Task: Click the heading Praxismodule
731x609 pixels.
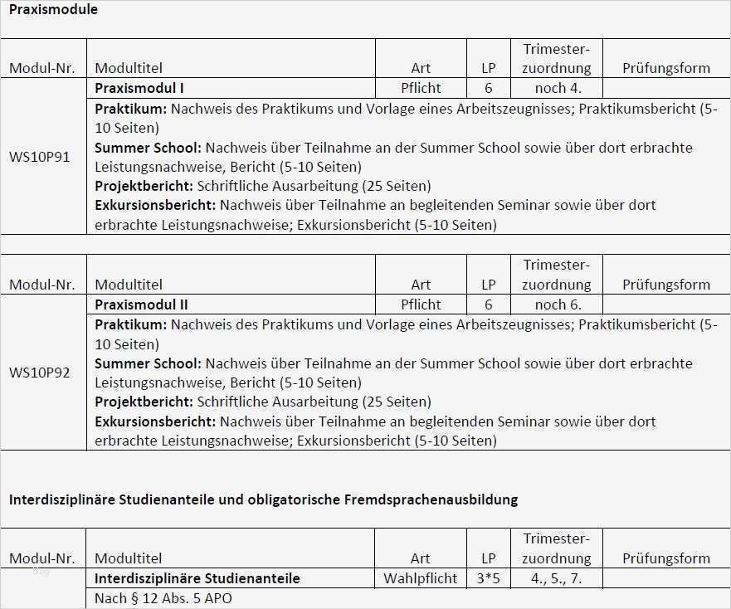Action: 53,10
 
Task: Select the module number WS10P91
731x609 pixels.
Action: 40,156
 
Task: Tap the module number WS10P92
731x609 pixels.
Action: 40,373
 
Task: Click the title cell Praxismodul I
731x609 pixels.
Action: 139,88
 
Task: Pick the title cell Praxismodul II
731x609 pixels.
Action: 142,304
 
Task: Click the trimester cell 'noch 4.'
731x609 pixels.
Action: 558,88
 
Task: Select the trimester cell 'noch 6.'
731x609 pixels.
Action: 558,304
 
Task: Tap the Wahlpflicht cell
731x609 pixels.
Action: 421,578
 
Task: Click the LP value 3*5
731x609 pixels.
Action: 489,578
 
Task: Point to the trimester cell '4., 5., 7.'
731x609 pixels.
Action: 557,578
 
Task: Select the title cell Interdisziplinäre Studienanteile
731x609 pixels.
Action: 197,578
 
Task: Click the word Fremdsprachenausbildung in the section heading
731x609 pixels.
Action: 436,499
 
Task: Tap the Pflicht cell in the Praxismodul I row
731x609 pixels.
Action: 421,88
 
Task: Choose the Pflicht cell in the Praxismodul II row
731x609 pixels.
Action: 421,304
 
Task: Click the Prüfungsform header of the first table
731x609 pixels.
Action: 666,68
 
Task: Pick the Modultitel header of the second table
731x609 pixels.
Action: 129,285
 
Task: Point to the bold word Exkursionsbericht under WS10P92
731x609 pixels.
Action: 155,421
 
